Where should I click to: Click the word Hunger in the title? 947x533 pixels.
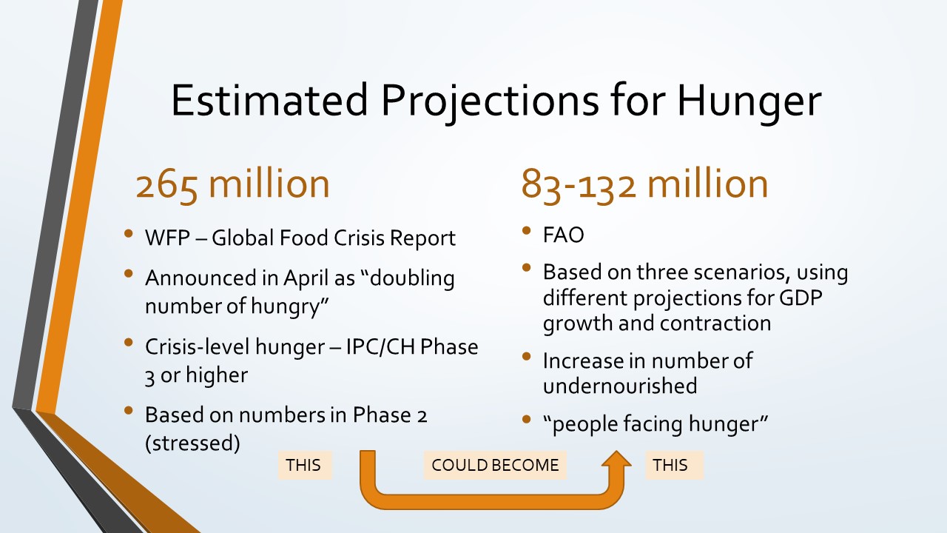749,101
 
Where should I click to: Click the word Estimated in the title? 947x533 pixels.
269,100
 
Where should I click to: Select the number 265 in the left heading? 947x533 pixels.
166,185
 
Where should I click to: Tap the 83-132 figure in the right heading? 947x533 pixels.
579,185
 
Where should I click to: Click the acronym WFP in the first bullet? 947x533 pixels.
167,238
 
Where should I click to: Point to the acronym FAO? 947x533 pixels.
563,235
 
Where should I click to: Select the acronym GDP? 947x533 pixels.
801,298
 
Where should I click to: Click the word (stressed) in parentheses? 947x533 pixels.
192,443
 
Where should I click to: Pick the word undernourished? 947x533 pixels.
620,386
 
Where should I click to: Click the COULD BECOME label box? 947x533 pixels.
495,465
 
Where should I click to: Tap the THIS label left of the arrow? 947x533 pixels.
306,465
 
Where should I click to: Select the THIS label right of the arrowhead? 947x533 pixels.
674,465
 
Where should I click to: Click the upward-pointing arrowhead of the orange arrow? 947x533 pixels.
616,459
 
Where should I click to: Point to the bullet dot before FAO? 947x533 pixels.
526,230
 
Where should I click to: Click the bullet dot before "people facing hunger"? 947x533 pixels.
526,419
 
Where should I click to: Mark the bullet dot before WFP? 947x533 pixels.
129,233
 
